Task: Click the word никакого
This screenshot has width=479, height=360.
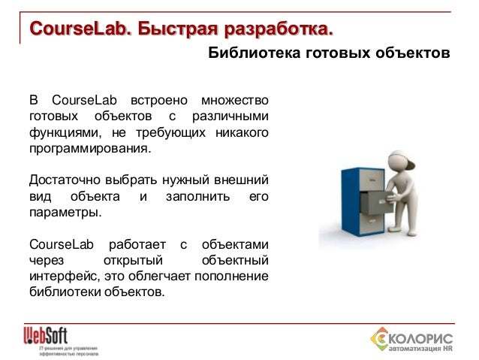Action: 243,132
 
